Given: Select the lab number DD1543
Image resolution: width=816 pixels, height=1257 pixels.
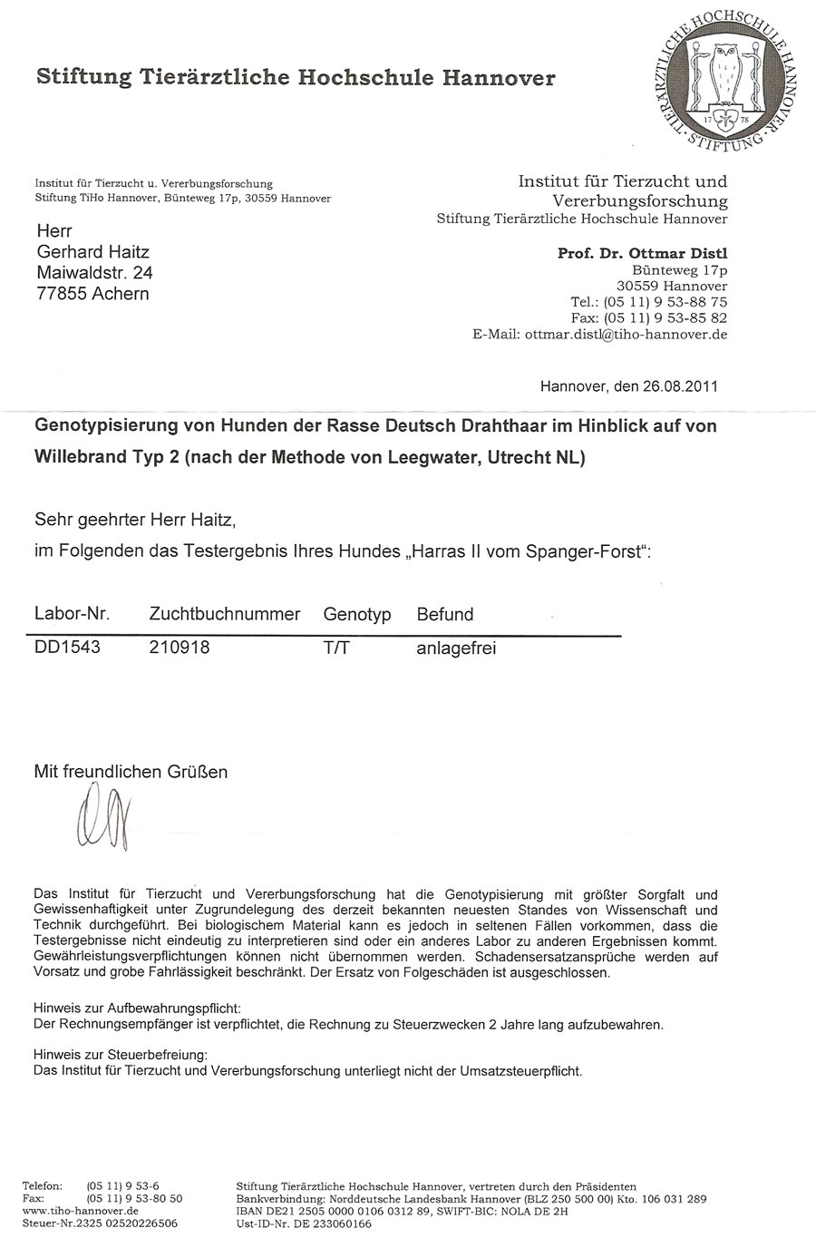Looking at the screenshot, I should [x=67, y=648].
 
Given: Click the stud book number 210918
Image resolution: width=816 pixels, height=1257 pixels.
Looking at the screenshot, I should [x=179, y=648].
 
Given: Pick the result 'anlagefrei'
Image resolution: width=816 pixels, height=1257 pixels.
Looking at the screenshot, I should [x=456, y=648].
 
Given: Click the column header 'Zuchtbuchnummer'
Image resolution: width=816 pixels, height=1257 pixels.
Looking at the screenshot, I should [x=224, y=614].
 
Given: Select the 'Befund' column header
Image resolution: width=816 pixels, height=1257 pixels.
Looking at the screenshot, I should [x=444, y=614].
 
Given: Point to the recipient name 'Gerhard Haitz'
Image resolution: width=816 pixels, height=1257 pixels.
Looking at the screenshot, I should [x=92, y=252].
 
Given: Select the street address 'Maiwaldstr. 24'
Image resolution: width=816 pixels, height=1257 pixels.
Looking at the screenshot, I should [x=94, y=273].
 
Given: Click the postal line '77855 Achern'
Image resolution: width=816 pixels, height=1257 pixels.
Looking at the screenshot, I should [x=92, y=294].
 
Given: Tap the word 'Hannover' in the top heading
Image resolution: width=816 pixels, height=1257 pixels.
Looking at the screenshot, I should [x=498, y=78].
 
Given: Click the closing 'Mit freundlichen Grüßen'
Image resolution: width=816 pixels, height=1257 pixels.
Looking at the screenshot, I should [x=131, y=772].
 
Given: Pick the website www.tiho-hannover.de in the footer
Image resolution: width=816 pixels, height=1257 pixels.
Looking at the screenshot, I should [x=80, y=1211].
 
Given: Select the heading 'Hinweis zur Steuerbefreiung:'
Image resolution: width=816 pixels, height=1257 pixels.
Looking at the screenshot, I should [x=121, y=1054].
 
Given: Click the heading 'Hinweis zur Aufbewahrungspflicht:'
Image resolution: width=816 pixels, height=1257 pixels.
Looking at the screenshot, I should [x=137, y=1009].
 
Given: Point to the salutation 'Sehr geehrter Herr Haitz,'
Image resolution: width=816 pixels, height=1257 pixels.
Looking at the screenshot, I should [x=134, y=520].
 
